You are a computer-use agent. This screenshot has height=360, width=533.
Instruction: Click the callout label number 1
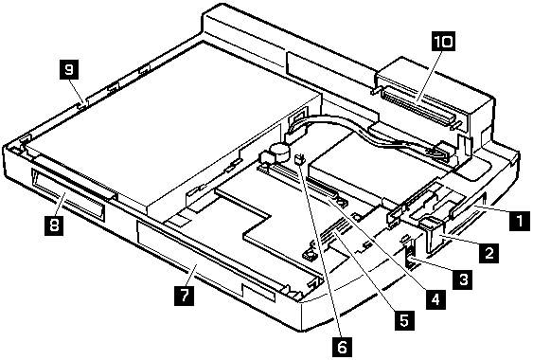click(520, 222)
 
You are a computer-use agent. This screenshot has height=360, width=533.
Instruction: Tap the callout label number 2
click(489, 253)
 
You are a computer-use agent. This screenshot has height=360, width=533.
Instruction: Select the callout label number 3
click(462, 279)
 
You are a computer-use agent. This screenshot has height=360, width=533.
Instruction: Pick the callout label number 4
click(435, 299)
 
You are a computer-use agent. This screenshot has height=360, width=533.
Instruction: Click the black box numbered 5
click(404, 320)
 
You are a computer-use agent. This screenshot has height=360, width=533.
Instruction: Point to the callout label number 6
click(343, 347)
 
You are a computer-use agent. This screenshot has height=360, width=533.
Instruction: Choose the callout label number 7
click(185, 296)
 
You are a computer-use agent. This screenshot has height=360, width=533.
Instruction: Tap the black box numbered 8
click(54, 225)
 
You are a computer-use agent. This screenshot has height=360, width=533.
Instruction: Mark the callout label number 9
click(69, 69)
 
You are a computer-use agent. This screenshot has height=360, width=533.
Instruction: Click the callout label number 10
click(444, 41)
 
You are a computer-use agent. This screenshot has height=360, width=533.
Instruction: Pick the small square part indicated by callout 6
click(300, 159)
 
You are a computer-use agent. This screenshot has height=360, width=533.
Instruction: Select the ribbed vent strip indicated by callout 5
click(335, 232)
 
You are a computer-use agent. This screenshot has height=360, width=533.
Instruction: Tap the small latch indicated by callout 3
click(410, 254)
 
